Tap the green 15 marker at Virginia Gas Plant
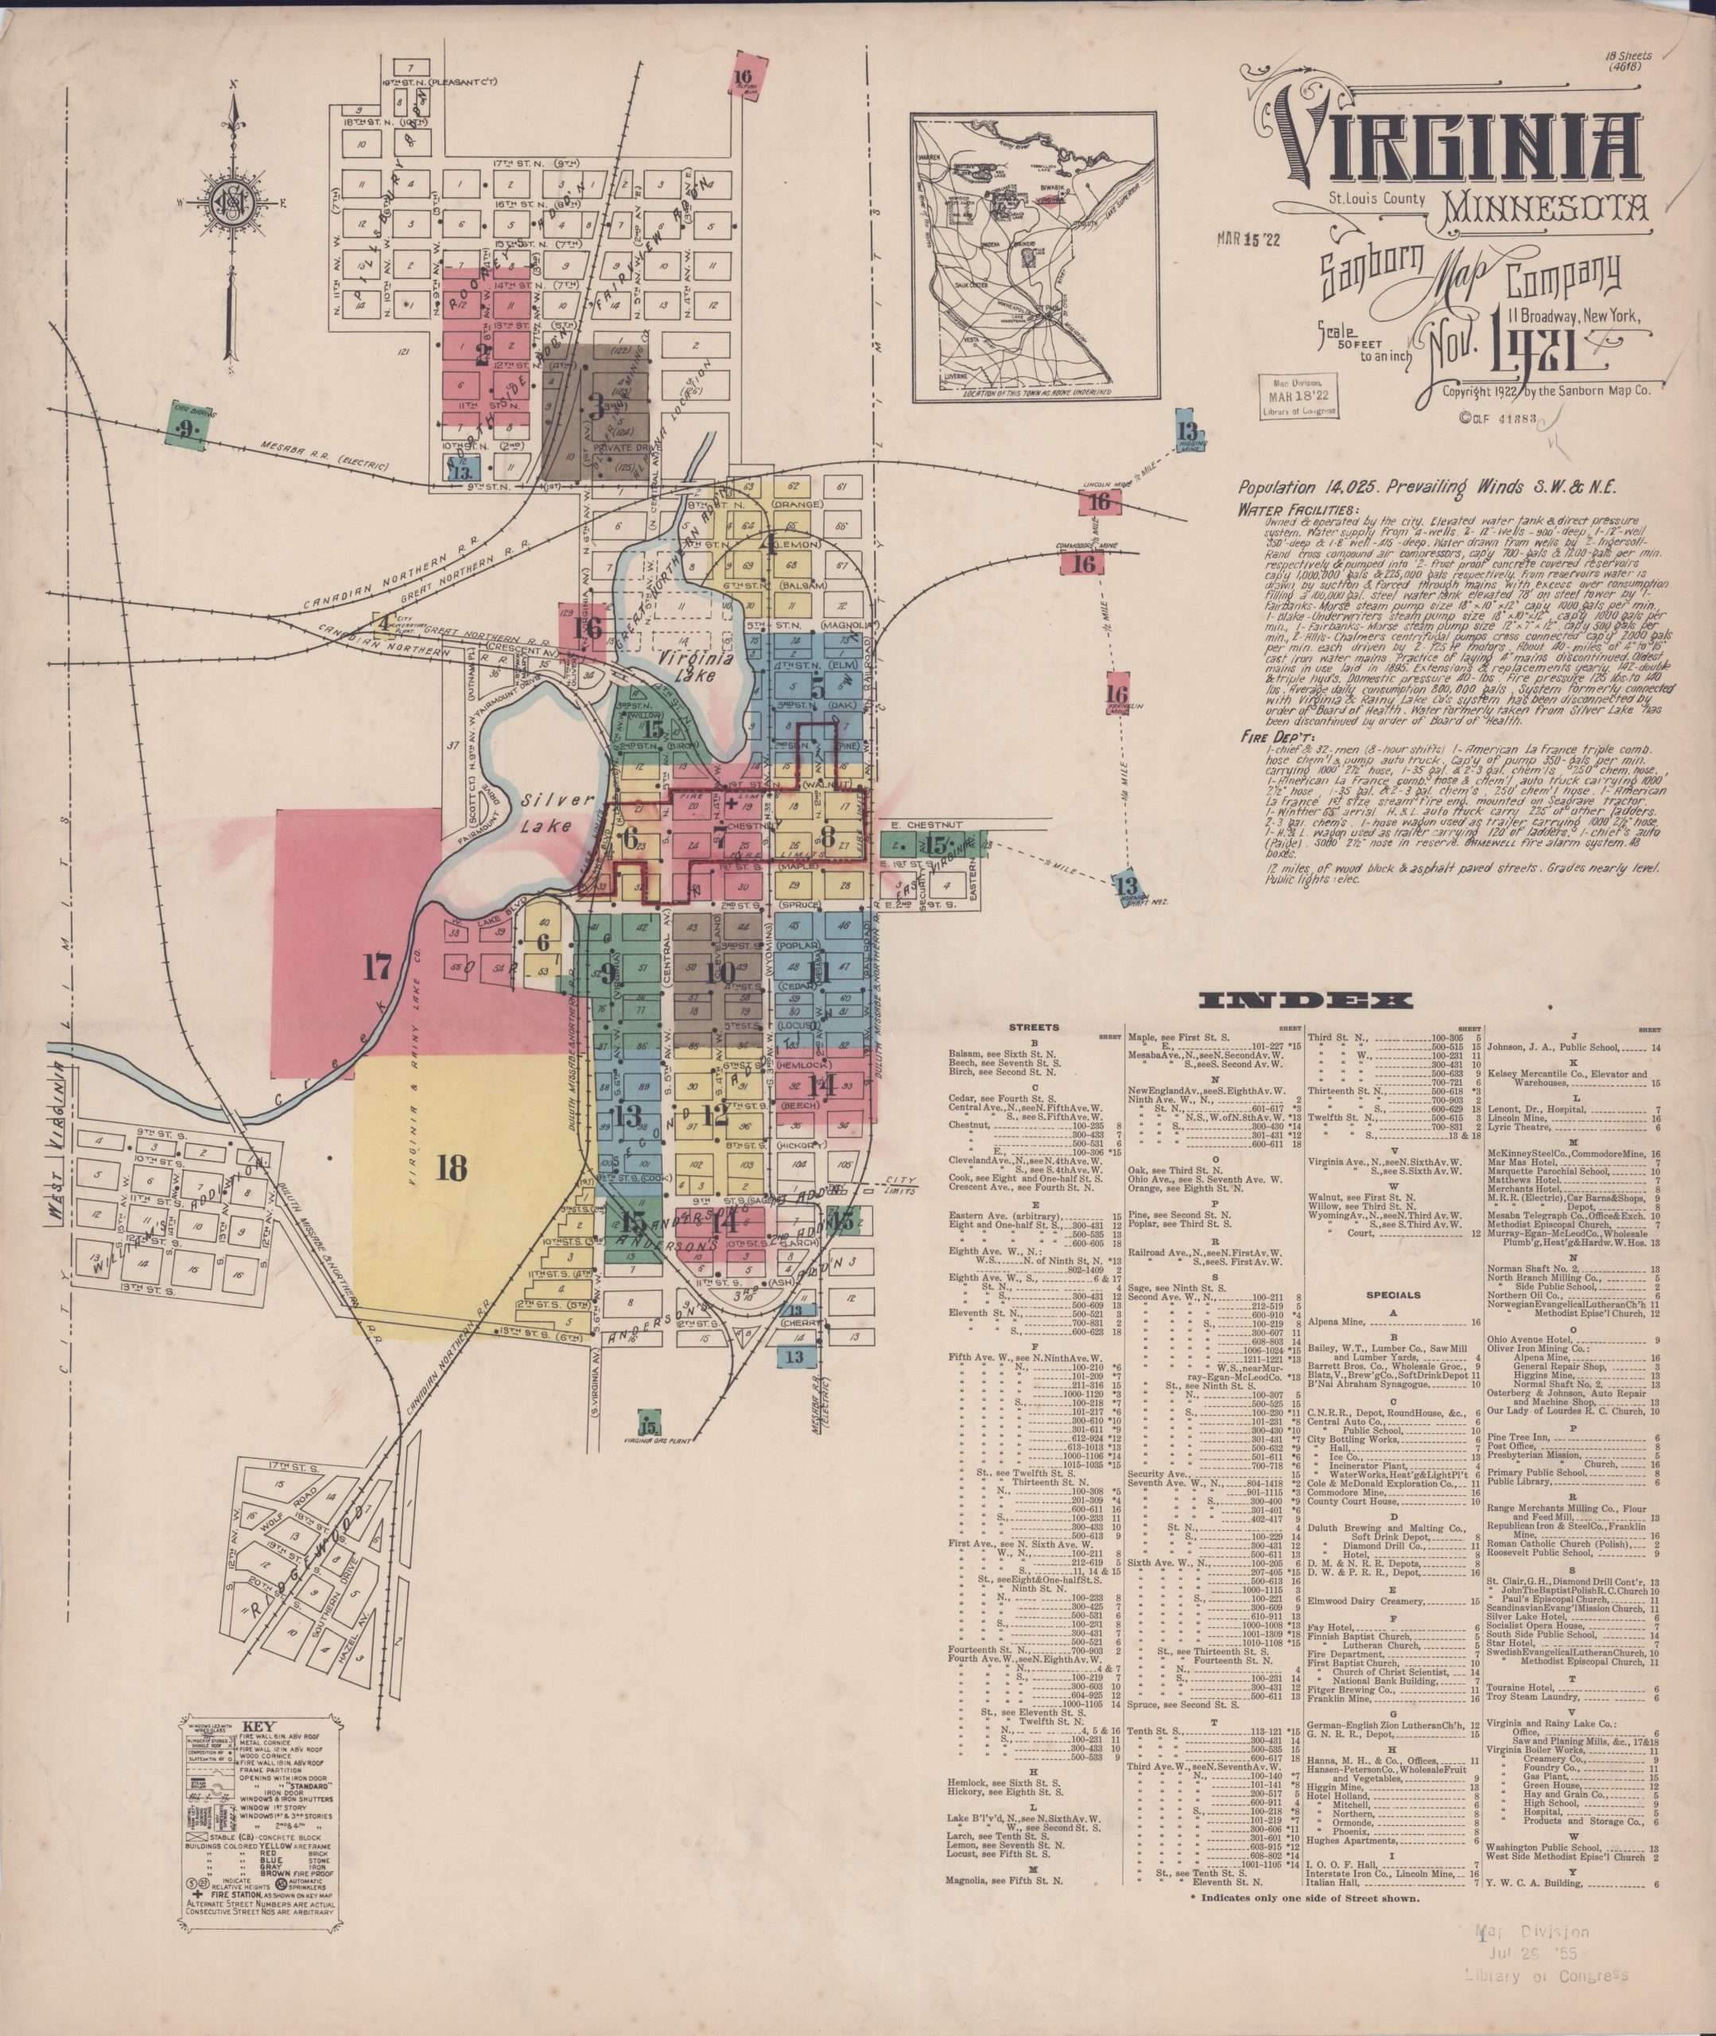648,1421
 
